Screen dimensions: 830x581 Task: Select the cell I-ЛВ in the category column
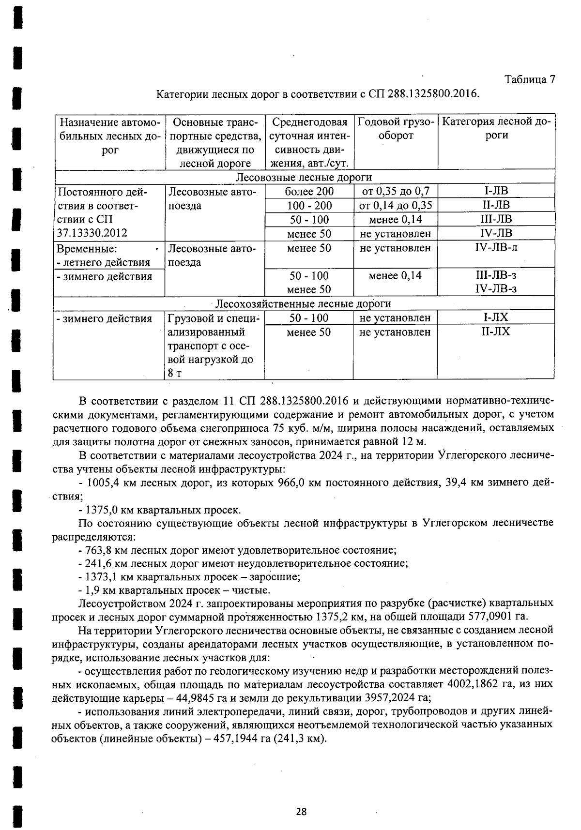click(496, 191)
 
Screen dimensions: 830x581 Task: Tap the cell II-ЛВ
click(496, 205)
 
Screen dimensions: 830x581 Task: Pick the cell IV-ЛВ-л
click(496, 248)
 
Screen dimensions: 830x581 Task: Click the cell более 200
click(309, 191)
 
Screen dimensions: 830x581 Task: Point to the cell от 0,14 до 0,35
click(395, 205)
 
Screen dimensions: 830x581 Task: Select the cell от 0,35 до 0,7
click(395, 191)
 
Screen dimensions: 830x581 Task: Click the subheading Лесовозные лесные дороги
click(304, 177)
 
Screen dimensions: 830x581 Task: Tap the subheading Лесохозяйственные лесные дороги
click(303, 303)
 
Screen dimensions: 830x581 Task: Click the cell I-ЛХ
click(496, 317)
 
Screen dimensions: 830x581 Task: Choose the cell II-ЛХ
click(496, 332)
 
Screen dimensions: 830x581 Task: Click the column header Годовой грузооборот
click(395, 129)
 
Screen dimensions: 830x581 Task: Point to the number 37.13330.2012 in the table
click(92, 233)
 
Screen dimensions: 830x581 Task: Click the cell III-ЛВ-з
click(496, 275)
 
